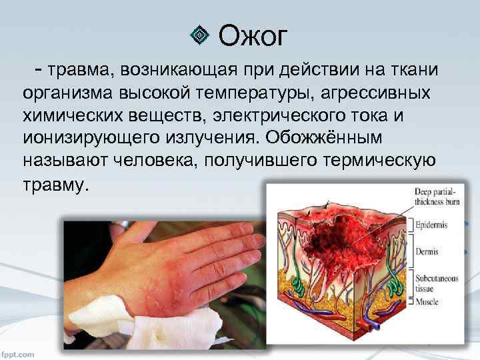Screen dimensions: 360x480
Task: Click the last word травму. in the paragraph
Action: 55,183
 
